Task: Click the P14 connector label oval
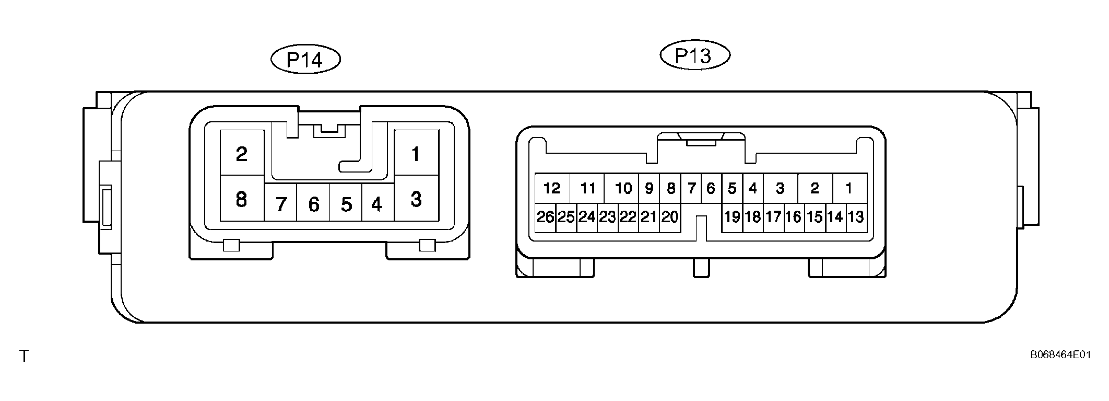click(305, 60)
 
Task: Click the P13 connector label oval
click(695, 55)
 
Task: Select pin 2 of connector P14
click(242, 153)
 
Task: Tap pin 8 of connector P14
click(242, 198)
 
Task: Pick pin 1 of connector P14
click(416, 153)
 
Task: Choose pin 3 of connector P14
click(416, 198)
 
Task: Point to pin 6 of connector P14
click(313, 202)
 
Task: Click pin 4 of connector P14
click(377, 202)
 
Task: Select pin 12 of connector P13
click(552, 188)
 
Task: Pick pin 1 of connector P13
click(850, 188)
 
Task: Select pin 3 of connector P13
click(780, 188)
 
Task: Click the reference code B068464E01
click(1060, 354)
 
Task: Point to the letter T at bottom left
click(24, 357)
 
